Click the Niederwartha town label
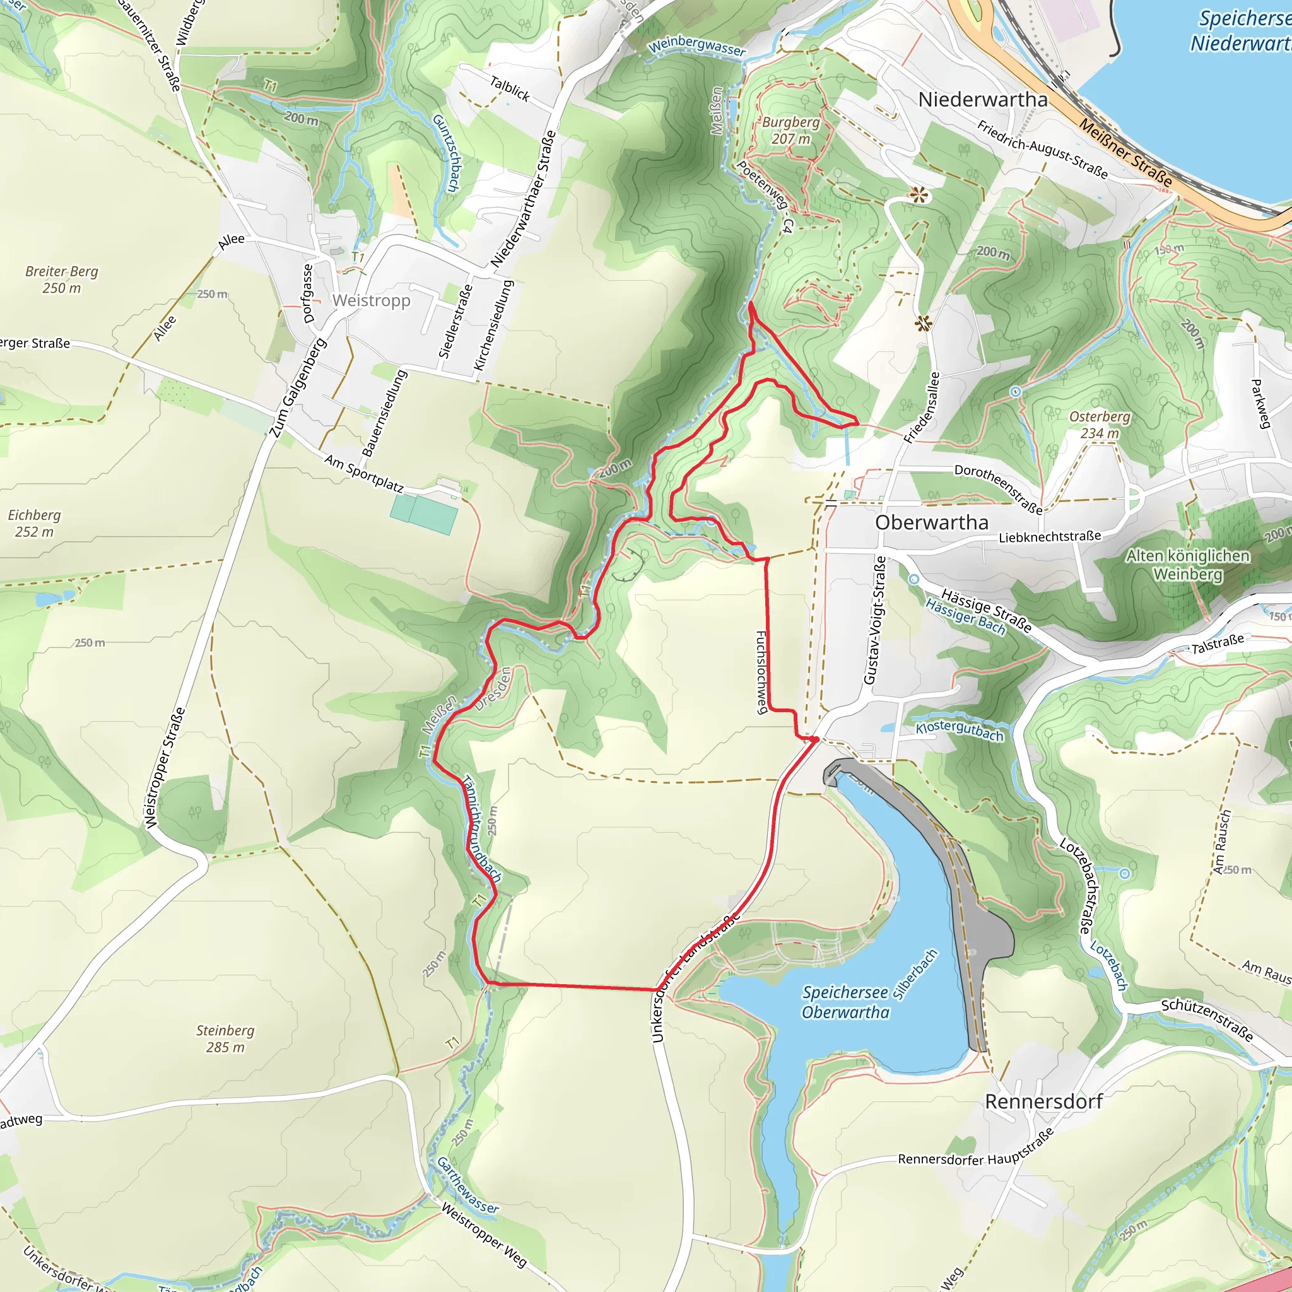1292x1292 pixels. [x=982, y=100]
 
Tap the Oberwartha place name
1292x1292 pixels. [x=931, y=522]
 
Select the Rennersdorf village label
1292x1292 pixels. [x=1043, y=1101]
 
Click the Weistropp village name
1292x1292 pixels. [x=371, y=300]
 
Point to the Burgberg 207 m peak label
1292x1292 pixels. [x=790, y=131]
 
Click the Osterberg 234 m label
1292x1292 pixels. [x=1100, y=425]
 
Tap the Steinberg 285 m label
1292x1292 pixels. [x=225, y=1038]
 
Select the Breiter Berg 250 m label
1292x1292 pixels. [x=62, y=279]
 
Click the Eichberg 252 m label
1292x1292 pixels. [x=34, y=523]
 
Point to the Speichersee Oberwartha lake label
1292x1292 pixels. [x=845, y=1002]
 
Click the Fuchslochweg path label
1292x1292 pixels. [x=760, y=672]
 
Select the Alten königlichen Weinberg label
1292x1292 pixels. [x=1187, y=565]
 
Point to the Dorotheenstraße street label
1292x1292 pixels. [x=998, y=489]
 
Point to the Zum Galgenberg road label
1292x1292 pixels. [x=298, y=388]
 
